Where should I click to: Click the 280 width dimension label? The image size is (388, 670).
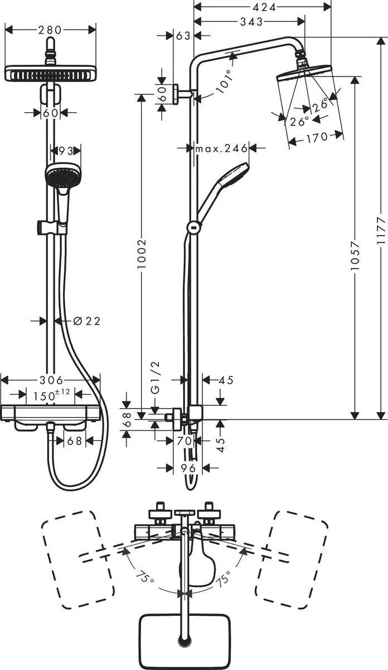point(50,30)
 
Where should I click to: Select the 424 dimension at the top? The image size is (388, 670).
point(262,8)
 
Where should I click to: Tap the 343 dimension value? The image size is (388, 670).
point(253,22)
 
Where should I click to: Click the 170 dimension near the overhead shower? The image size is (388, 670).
point(316,137)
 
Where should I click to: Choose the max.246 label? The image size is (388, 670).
point(221,149)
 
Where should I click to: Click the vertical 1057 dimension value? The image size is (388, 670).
point(355,257)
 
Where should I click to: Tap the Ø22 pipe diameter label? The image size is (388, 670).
point(86,321)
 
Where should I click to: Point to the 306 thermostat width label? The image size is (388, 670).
point(51,380)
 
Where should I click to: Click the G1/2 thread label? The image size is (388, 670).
point(156,377)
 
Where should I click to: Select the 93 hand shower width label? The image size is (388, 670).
point(66,151)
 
